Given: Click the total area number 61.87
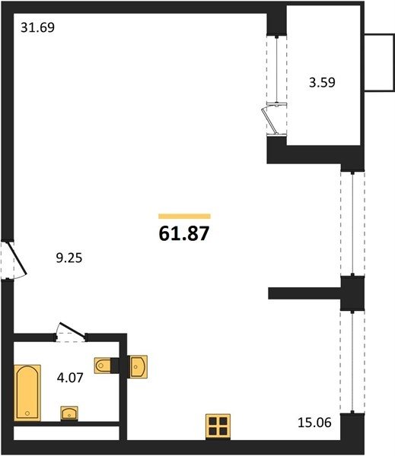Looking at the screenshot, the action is pyautogui.click(x=184, y=233).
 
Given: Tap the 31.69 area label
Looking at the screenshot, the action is pyautogui.click(x=37, y=27).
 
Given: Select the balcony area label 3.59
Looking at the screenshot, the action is pyautogui.click(x=322, y=82).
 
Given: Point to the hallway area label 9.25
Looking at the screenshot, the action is pyautogui.click(x=69, y=258).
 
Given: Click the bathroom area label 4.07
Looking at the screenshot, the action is pyautogui.click(x=70, y=378).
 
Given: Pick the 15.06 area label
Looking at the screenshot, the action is pyautogui.click(x=314, y=423).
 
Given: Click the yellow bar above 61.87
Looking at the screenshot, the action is pyautogui.click(x=184, y=216).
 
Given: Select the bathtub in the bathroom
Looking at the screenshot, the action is pyautogui.click(x=27, y=393).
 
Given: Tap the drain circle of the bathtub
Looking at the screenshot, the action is pyautogui.click(x=27, y=413).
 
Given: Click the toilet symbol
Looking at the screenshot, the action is pyautogui.click(x=103, y=366).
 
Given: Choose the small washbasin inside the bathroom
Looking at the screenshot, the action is pyautogui.click(x=69, y=413).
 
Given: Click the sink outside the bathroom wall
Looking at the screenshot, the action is pyautogui.click(x=139, y=366).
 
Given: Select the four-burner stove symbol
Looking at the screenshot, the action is pyautogui.click(x=218, y=426).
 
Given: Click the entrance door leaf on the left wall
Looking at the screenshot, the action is pyautogui.click(x=17, y=259).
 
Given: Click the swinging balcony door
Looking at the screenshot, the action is pyautogui.click(x=271, y=121).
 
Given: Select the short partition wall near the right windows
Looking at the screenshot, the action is pyautogui.click(x=304, y=293).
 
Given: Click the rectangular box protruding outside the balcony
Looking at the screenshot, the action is pyautogui.click(x=380, y=63).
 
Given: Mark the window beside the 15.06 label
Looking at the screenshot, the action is pyautogui.click(x=352, y=362).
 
